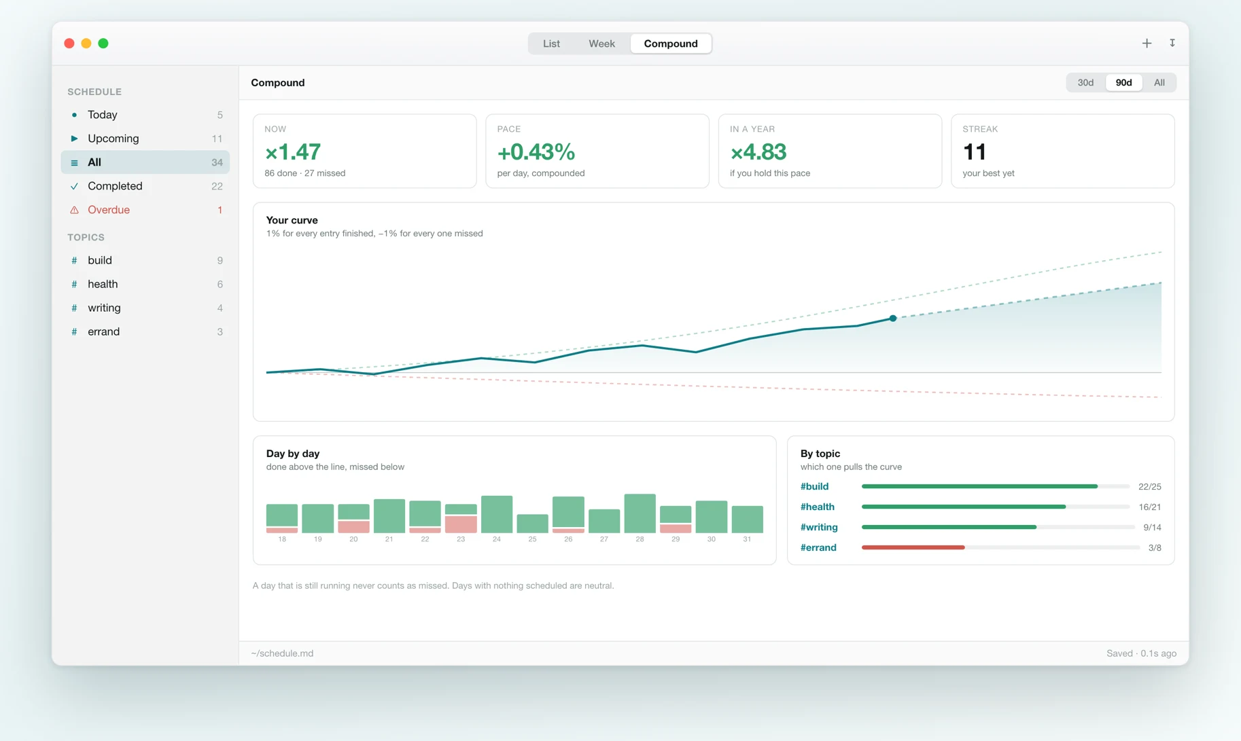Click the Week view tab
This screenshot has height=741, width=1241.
point(601,43)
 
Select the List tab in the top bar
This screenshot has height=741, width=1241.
point(551,43)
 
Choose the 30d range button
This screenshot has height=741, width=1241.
point(1085,83)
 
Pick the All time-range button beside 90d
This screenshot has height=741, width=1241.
point(1159,83)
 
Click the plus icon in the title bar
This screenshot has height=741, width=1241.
point(1147,43)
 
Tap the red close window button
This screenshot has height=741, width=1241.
point(69,43)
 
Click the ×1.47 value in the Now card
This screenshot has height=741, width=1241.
point(293,152)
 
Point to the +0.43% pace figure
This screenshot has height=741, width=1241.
point(536,152)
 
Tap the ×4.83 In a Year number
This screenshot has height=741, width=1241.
point(758,152)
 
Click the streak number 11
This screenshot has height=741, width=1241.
point(975,152)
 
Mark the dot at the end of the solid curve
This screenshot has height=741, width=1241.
point(893,318)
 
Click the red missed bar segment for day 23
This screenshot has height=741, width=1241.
point(461,524)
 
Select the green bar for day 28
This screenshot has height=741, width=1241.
point(640,513)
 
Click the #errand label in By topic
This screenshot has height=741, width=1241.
point(818,547)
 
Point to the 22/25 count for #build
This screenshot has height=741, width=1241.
point(1150,487)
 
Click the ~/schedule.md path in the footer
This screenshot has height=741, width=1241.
point(282,653)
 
